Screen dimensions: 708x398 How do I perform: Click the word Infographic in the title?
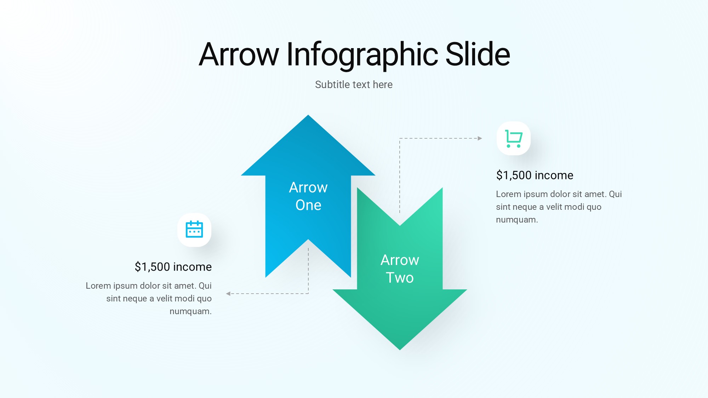point(362,55)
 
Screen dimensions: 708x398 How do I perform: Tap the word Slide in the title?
point(478,54)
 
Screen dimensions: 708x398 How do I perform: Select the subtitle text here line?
point(354,85)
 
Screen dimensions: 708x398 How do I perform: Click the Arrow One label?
point(308,196)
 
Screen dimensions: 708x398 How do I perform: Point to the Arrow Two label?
point(400,269)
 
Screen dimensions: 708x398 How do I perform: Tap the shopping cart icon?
point(514,139)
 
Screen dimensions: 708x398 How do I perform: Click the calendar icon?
point(194,229)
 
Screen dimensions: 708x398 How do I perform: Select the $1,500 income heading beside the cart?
point(535,175)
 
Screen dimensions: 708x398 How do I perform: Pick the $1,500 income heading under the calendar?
point(173,267)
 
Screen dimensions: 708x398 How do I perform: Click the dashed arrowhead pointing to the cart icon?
point(480,138)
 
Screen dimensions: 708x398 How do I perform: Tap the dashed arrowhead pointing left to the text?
point(228,294)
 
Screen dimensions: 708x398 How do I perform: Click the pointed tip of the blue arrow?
point(308,115)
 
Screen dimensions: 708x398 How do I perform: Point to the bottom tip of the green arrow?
point(400,350)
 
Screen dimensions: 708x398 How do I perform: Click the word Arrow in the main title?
point(239,55)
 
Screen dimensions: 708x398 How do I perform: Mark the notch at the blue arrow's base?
point(308,240)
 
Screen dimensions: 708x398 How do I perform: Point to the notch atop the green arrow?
point(400,225)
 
